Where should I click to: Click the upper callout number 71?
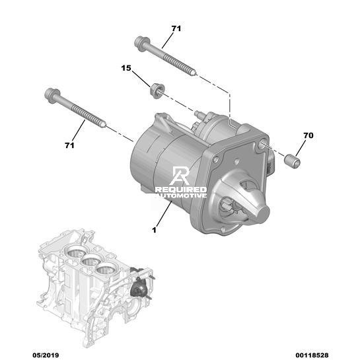(x=176, y=28)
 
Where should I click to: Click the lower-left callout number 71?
(x=69, y=145)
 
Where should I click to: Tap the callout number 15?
(x=126, y=68)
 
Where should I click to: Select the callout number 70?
(x=308, y=135)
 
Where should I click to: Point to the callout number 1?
(x=155, y=230)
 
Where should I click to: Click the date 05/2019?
(x=46, y=355)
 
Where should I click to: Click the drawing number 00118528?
(x=312, y=355)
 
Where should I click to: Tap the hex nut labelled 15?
(x=157, y=90)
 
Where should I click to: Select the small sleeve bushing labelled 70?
(x=292, y=161)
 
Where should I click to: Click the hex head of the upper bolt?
(x=141, y=44)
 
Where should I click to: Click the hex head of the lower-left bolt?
(x=52, y=96)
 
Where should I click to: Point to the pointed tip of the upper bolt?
(x=196, y=74)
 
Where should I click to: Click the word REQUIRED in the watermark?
(x=181, y=190)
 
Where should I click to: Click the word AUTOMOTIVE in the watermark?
(x=181, y=196)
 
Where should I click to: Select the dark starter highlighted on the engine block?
(x=138, y=286)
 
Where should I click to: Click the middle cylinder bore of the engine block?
(x=90, y=262)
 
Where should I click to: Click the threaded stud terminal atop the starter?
(x=198, y=114)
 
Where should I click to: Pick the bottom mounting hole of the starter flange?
(x=222, y=229)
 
